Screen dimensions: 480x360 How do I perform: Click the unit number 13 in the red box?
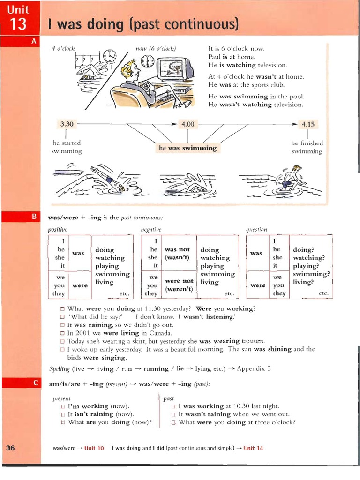coord(19,24)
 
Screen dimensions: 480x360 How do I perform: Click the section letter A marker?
coord(34,41)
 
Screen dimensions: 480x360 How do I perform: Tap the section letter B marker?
coord(34,217)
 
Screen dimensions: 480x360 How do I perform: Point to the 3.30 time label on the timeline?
coord(67,124)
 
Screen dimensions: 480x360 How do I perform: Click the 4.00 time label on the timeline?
coord(187,124)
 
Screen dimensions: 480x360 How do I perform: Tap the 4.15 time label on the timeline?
coord(308,124)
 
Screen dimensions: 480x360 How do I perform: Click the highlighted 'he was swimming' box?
coord(187,148)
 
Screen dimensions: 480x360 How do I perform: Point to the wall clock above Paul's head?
coord(147,61)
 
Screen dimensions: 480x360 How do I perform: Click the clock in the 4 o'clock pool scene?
coord(110,56)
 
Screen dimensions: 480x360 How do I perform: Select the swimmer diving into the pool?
coord(108,179)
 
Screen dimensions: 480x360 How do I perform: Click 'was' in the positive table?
coord(78,253)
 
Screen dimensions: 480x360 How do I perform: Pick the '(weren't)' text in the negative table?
coord(179,289)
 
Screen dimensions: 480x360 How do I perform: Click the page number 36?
coord(11,448)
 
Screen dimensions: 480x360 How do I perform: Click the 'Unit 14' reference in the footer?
coord(253,448)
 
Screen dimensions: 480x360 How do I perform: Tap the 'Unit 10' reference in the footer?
coord(94,448)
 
